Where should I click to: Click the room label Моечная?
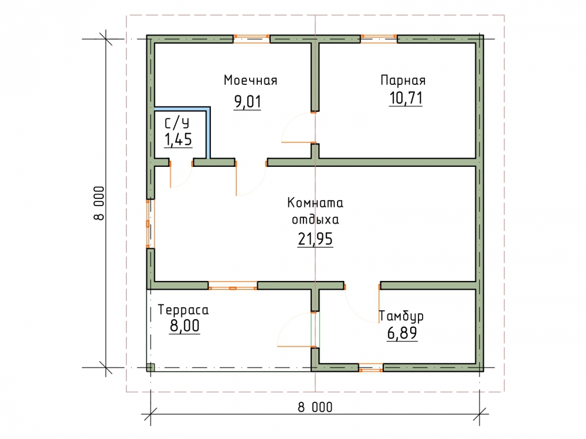pyautogui.click(x=250, y=80)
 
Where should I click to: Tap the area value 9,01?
pyautogui.click(x=247, y=101)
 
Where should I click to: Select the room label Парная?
pyautogui.click(x=403, y=80)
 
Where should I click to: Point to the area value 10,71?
pyautogui.click(x=406, y=98)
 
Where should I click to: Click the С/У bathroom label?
pyautogui.click(x=177, y=123)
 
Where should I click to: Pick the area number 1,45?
pyautogui.click(x=178, y=139)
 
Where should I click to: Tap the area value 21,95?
pyautogui.click(x=315, y=239)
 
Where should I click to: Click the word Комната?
pyautogui.click(x=315, y=203)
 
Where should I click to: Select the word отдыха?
pyautogui.click(x=315, y=219)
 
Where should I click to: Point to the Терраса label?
pyautogui.click(x=183, y=310)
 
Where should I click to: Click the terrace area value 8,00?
pyautogui.click(x=185, y=326)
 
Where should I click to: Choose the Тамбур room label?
pyautogui.click(x=401, y=316)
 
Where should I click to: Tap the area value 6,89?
pyautogui.click(x=402, y=333)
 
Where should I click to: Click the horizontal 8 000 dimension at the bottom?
pyautogui.click(x=315, y=407)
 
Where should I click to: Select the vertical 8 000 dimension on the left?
pyautogui.click(x=98, y=203)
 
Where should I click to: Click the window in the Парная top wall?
pyautogui.click(x=379, y=39)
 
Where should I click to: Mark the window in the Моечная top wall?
pyautogui.click(x=251, y=39)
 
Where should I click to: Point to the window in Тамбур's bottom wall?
pyautogui.click(x=371, y=368)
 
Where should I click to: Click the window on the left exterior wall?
pyautogui.click(x=150, y=224)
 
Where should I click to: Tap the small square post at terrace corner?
pyautogui.click(x=150, y=368)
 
